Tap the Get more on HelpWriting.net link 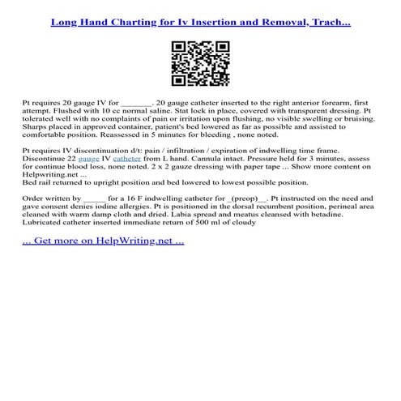tap(103, 241)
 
